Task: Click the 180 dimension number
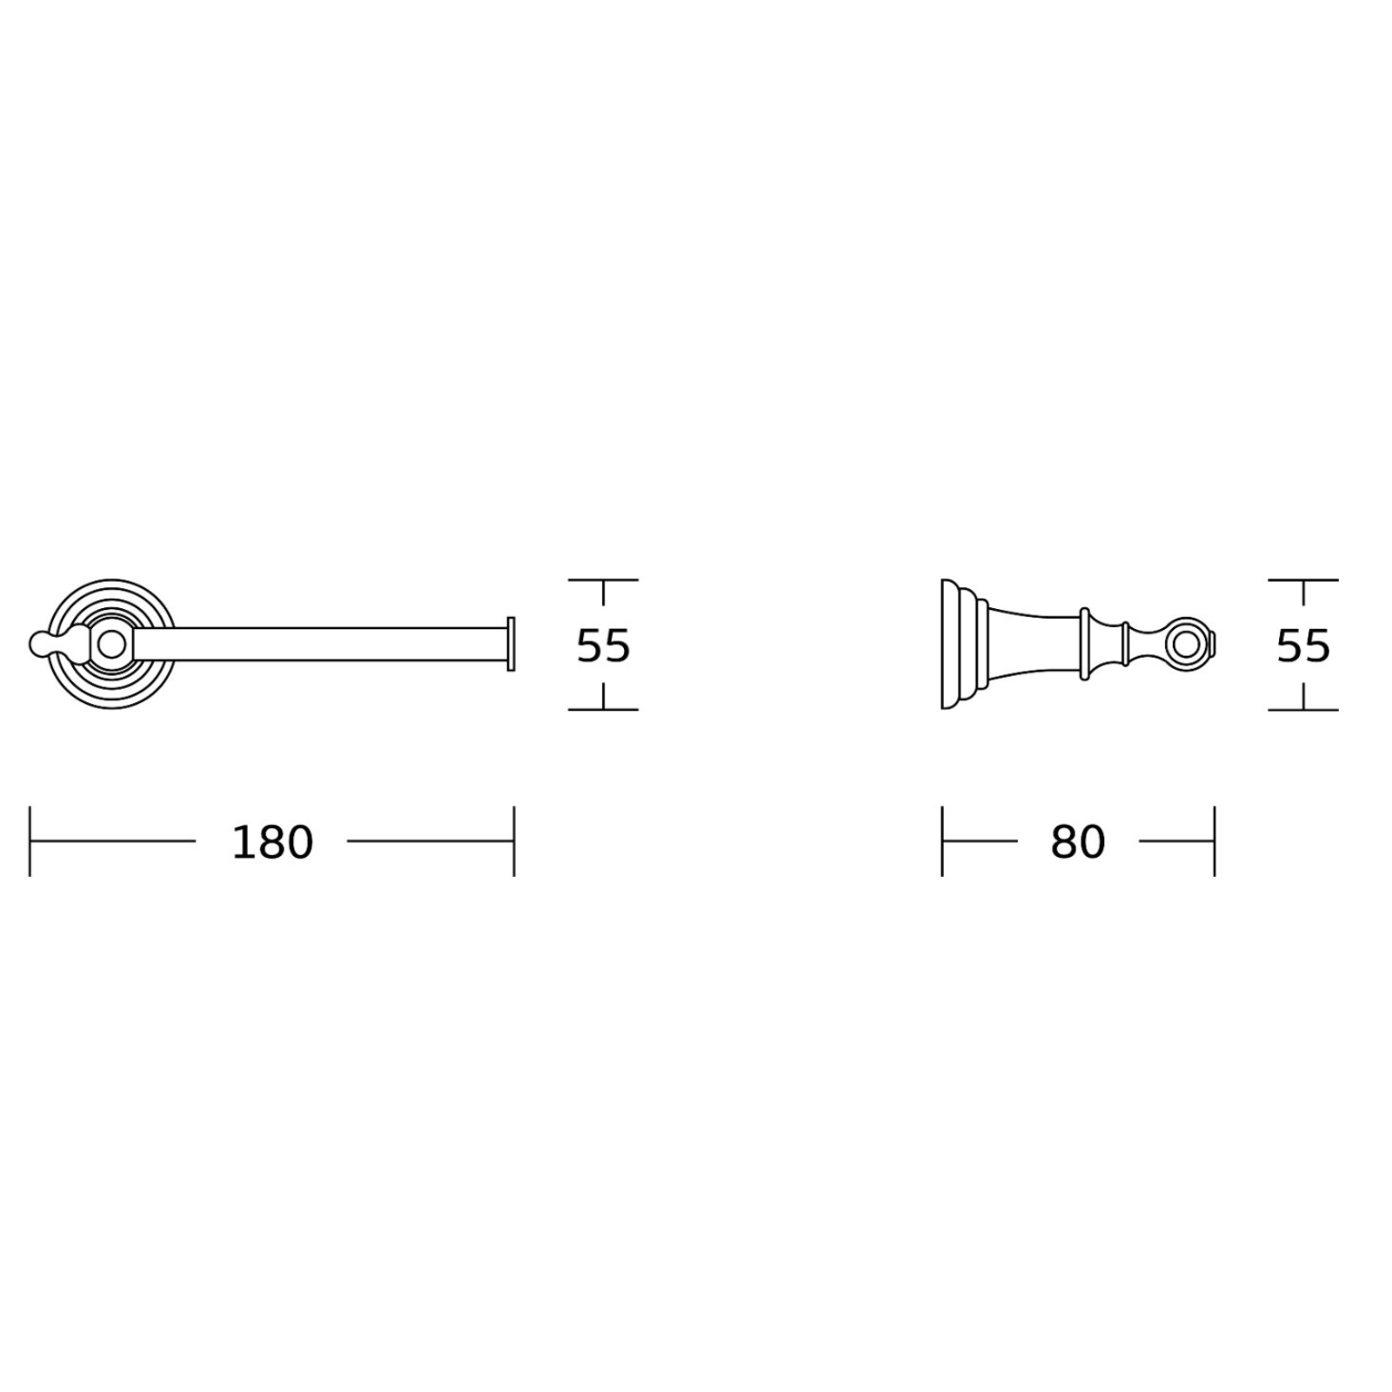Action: tap(271, 842)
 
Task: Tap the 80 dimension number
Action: tap(1077, 842)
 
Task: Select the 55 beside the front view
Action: tap(603, 646)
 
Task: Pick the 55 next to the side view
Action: tap(1302, 646)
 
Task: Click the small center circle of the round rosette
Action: tap(110, 645)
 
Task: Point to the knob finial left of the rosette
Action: tap(42, 645)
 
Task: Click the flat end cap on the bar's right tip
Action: tap(512, 645)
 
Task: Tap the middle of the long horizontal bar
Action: tap(322, 645)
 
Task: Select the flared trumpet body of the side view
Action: tap(1031, 645)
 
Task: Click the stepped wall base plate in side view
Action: tap(954, 645)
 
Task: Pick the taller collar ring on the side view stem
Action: tap(1085, 645)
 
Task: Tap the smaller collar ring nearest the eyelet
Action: tap(1125, 645)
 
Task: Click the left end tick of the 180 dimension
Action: tap(30, 841)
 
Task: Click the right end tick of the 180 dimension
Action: tap(514, 841)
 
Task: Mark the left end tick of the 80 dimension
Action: tap(942, 841)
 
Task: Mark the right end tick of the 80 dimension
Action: tap(1214, 841)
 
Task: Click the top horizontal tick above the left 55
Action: tap(603, 580)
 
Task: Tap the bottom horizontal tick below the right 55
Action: tap(1302, 710)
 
